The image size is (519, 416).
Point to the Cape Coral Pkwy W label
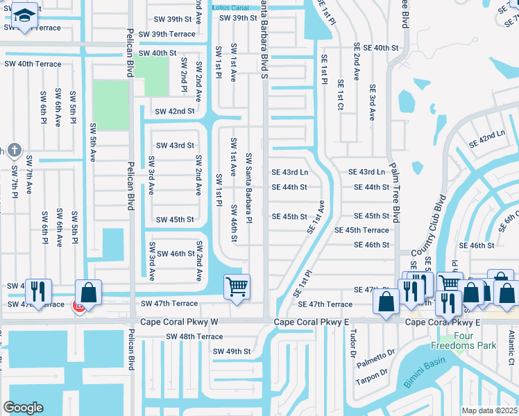pos(179,322)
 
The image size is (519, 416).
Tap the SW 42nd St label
pos(174,111)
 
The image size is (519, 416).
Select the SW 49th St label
pos(231,352)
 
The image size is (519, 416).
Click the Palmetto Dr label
pos(376,361)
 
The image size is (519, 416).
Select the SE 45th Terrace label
pos(361,230)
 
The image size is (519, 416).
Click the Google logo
pos(23,408)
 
